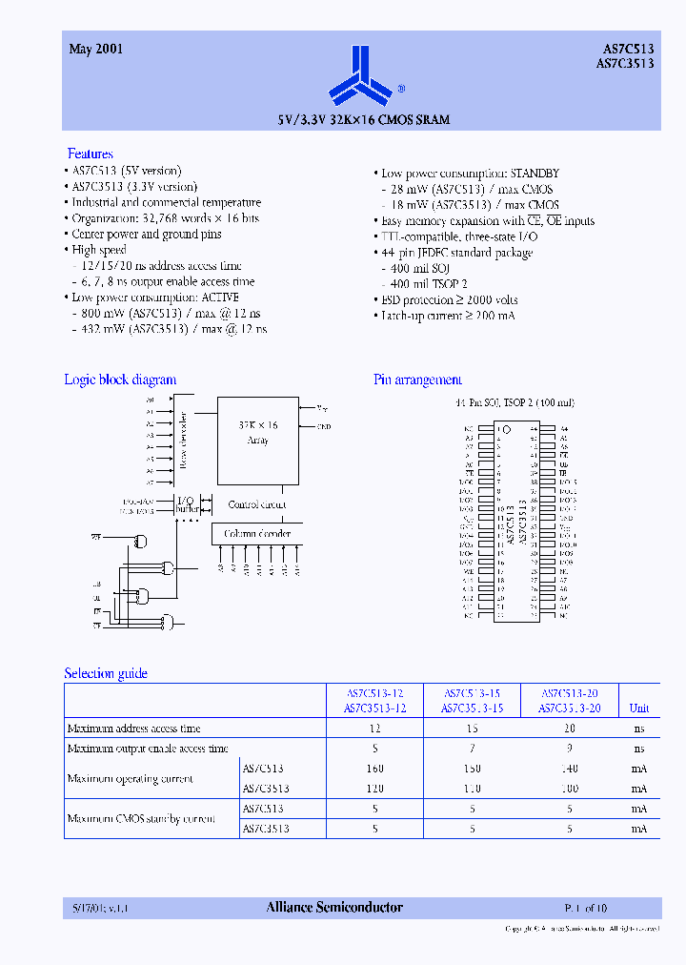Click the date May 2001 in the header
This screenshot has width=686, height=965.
point(95,49)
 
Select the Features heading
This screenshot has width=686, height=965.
point(91,154)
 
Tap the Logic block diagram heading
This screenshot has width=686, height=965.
point(120,380)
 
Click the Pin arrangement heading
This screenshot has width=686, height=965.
point(418,380)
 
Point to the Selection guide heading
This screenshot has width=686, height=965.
point(106,673)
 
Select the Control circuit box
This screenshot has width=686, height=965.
point(257,504)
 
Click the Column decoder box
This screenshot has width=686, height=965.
point(257,534)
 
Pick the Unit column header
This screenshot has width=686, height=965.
point(639,708)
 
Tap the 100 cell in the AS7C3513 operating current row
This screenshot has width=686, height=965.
point(570,789)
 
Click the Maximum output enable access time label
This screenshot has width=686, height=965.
point(148,749)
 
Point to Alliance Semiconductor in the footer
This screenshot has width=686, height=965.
point(334,908)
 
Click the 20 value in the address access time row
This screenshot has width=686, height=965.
point(570,729)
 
